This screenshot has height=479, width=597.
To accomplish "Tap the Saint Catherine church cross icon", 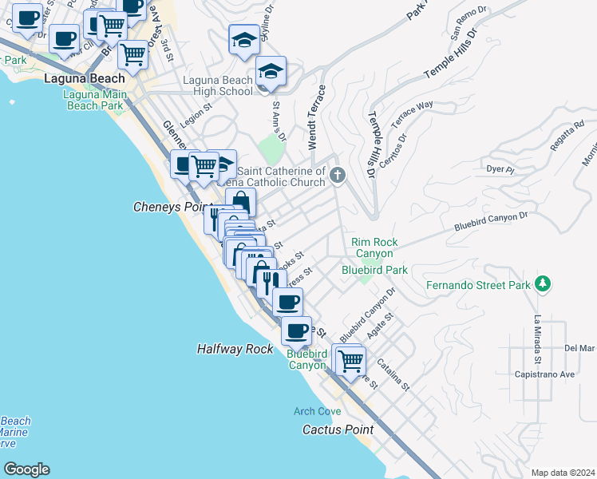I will coord(338,176).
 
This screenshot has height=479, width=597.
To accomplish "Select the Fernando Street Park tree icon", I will coord(543,284).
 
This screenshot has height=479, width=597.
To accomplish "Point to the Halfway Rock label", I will coord(234,350).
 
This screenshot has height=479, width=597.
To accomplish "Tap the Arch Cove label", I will coord(317,411).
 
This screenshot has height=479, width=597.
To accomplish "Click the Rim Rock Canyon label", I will coord(374,247).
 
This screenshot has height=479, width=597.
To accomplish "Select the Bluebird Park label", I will coord(374,270).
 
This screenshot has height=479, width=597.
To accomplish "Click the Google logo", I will coord(26,469).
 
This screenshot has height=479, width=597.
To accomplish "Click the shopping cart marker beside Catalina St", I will coord(350,361).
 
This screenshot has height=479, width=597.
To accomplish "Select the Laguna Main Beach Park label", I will coord(93,100).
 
